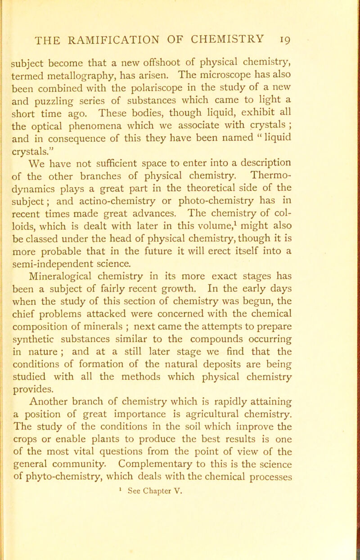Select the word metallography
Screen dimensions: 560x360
point(112,62)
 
